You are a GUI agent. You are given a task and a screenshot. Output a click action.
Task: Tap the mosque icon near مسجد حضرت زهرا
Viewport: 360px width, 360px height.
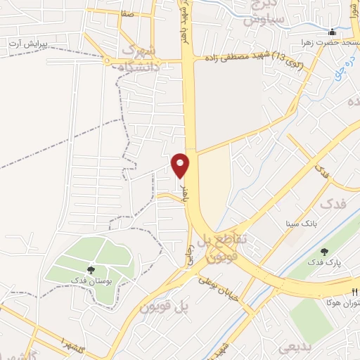coord(332,32)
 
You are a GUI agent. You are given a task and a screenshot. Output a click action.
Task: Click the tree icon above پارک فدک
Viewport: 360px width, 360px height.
coord(324,252)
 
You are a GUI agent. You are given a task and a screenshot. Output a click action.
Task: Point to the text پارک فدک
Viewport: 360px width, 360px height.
coord(324,262)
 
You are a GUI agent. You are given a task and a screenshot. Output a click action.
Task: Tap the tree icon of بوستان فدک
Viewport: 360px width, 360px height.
coord(91,269)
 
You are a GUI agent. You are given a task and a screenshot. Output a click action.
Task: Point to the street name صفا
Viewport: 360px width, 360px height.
coord(127,13)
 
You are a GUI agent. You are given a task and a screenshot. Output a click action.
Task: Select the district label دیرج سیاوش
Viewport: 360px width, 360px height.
coord(264,14)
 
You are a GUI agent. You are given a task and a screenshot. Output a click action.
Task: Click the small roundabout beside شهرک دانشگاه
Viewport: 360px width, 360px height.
coord(108,61)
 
